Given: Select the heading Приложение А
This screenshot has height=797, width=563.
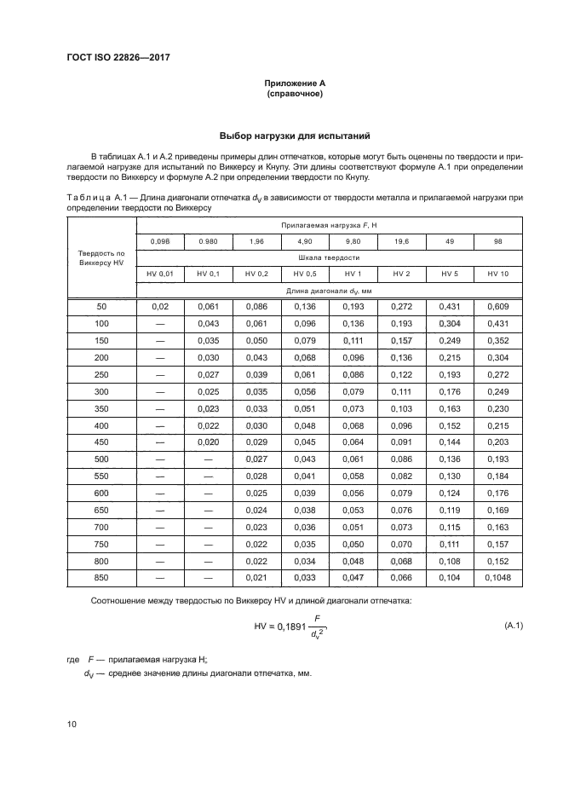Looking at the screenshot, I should coord(294,83).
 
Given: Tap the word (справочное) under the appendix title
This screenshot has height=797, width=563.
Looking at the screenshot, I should coord(294,93).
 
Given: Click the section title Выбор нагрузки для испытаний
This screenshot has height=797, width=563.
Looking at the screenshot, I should coord(294,136).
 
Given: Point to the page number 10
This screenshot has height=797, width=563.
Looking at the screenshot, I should coord(72,725).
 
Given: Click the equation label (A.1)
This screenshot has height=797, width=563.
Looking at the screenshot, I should coord(514,626).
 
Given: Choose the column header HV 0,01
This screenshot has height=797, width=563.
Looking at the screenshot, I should coord(159,273).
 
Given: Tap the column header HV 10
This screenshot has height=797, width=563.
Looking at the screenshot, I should coord(498,273).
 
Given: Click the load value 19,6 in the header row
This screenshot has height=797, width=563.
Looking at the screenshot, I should coord(401,241).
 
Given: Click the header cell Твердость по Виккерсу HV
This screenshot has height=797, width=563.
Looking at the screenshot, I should coord(101,257).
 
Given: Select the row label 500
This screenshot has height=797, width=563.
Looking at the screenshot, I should coord(101,459).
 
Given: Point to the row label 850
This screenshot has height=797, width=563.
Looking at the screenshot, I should coord(101,578).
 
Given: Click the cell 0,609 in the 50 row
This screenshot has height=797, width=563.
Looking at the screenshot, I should coord(498,305).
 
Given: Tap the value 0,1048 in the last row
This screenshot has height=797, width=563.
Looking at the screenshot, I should coord(498,578).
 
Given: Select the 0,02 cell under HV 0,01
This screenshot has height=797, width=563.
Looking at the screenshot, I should coord(159,305).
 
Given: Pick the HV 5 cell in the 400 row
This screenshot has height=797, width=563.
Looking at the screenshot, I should coord(450,424).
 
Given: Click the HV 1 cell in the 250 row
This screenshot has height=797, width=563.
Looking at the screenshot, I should coord(353,373).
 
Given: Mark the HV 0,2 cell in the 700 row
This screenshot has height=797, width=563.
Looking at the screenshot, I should coord(256,527).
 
